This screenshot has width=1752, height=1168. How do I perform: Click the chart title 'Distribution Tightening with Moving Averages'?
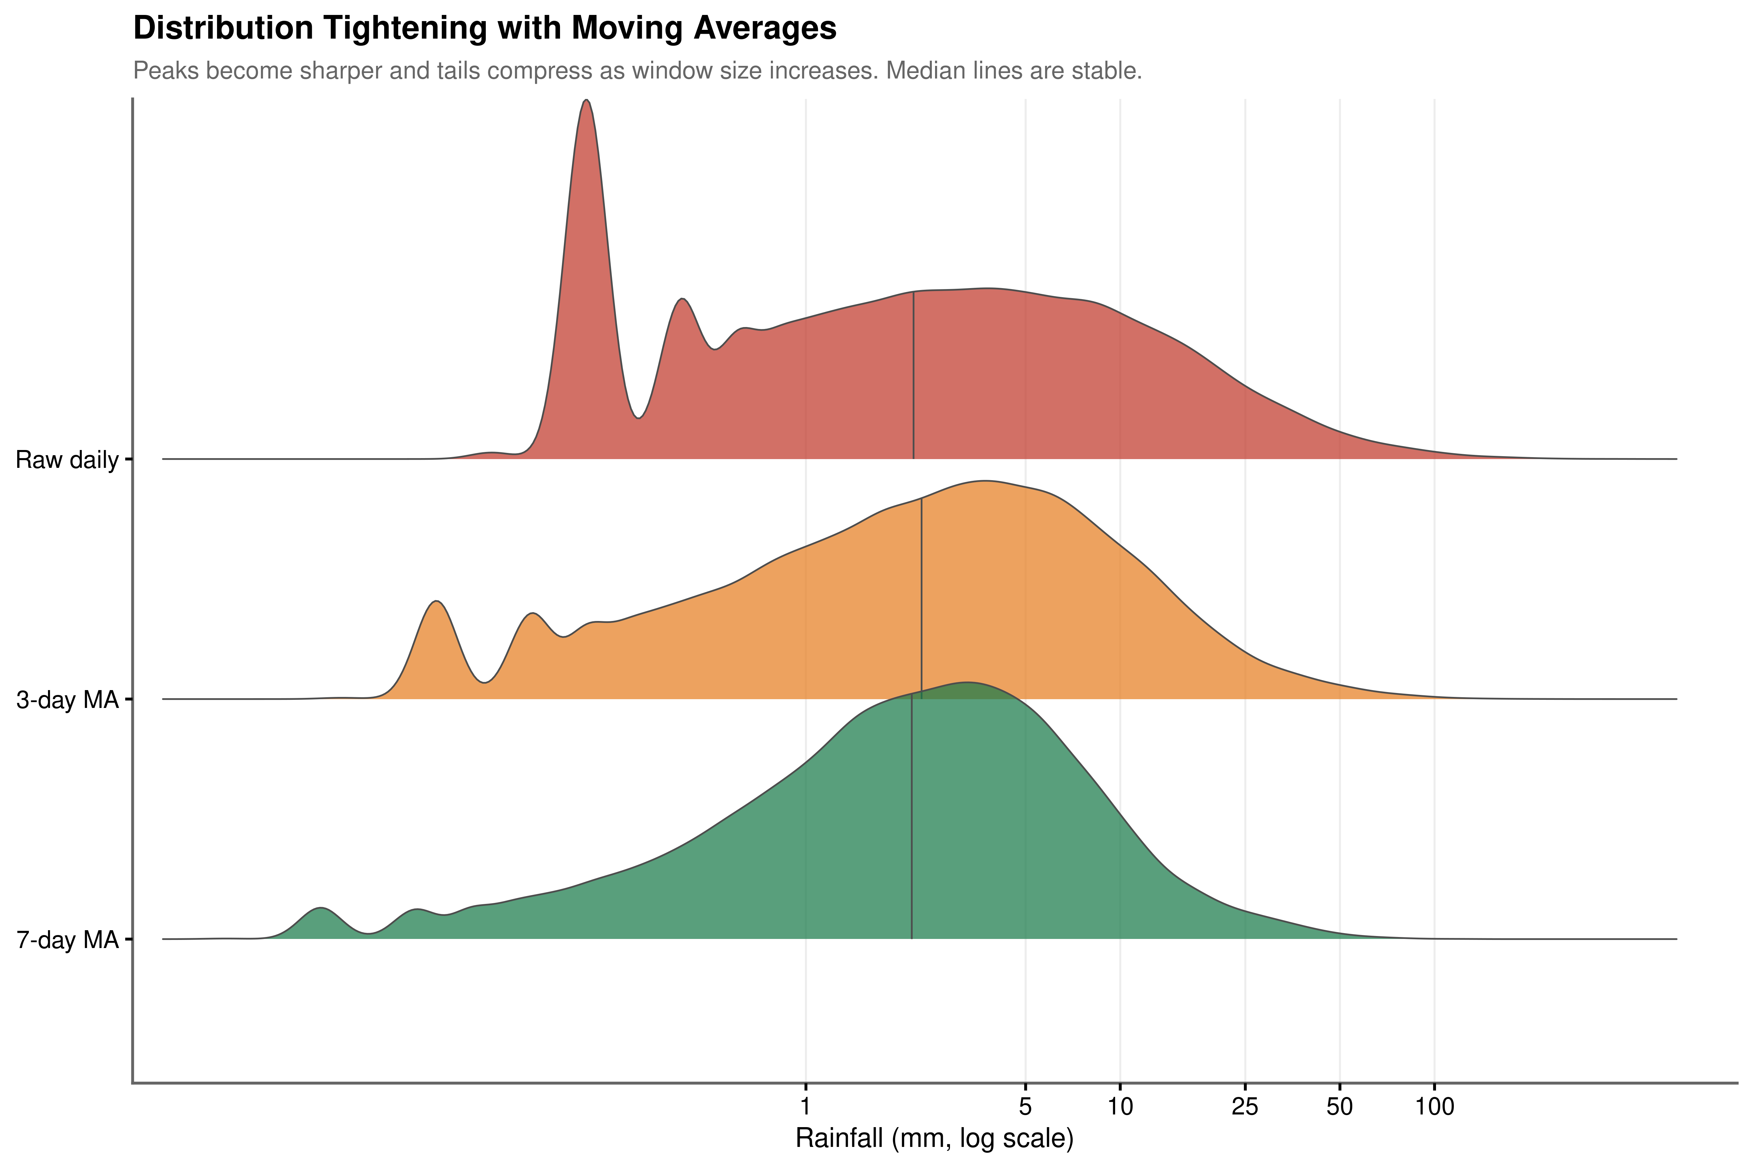pyautogui.click(x=484, y=28)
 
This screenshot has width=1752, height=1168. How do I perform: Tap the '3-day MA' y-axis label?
pyautogui.click(x=67, y=700)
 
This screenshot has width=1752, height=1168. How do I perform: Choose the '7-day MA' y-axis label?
pyautogui.click(x=67, y=940)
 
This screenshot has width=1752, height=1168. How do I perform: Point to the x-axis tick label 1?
pyautogui.click(x=805, y=1107)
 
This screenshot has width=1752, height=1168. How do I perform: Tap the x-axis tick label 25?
pyautogui.click(x=1245, y=1107)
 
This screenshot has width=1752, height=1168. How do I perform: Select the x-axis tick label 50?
pyautogui.click(x=1339, y=1107)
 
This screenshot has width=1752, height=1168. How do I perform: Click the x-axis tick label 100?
pyautogui.click(x=1434, y=1107)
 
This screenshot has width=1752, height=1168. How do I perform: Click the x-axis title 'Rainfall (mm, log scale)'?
pyautogui.click(x=934, y=1139)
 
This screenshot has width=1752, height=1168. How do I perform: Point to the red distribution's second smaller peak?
pyautogui.click(x=682, y=300)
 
